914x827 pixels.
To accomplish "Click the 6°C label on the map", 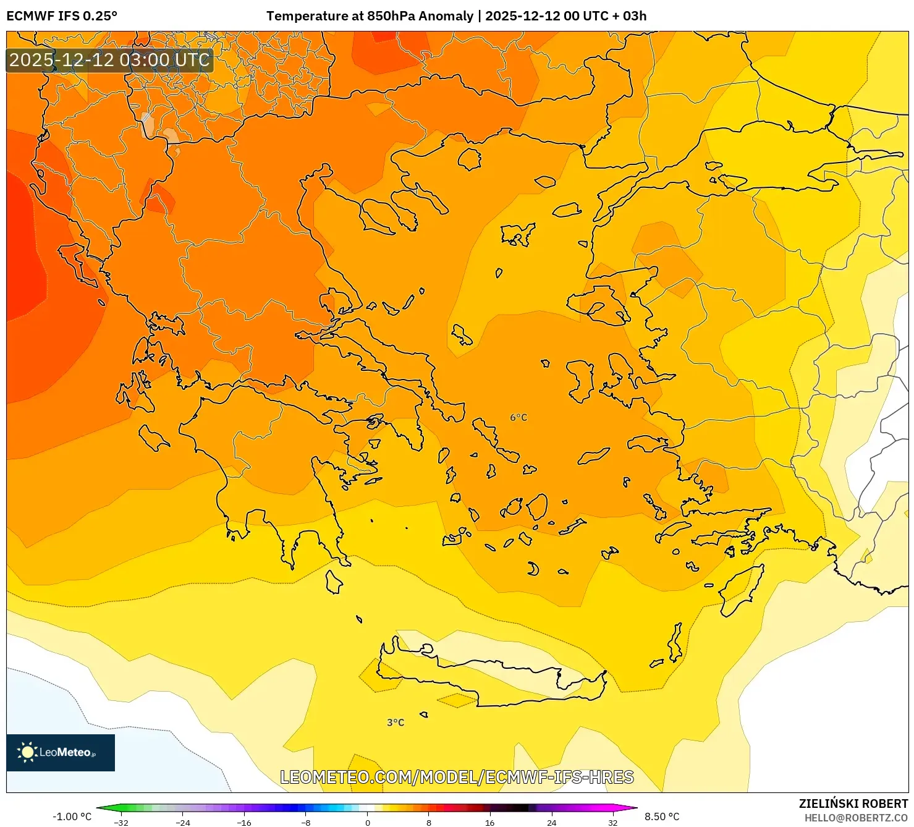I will click(x=518, y=418).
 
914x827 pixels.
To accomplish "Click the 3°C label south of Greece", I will click(x=396, y=723).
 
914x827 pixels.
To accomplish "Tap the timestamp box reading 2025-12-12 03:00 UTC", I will click(x=110, y=61).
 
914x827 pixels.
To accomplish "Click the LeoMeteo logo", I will click(x=61, y=752).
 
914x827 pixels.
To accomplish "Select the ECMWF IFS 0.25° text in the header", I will click(x=62, y=16).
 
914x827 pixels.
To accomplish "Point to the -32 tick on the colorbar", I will click(x=122, y=822).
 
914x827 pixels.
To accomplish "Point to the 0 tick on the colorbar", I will click(x=368, y=822).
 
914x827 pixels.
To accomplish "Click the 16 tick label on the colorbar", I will click(x=490, y=822).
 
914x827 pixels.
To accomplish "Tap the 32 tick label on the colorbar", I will click(x=612, y=822).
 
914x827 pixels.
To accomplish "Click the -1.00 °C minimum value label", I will click(x=72, y=816).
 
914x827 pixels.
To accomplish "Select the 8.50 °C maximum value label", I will click(x=662, y=816).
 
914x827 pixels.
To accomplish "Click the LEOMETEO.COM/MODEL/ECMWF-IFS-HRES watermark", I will click(x=457, y=777).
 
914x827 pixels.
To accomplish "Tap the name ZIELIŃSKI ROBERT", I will click(x=853, y=804).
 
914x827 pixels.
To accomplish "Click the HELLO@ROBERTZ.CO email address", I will click(x=856, y=818).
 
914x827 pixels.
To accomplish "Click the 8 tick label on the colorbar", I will click(x=429, y=822).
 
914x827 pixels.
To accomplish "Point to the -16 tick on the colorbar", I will click(x=245, y=822).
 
